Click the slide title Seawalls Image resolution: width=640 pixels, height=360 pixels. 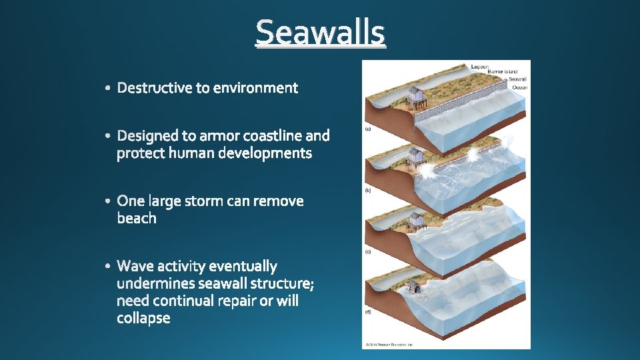click(320, 32)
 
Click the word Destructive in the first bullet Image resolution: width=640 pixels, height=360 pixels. click(155, 88)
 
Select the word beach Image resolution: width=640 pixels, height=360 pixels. click(137, 219)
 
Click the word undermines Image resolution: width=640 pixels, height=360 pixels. click(155, 284)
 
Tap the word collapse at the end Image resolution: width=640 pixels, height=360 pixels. click(143, 318)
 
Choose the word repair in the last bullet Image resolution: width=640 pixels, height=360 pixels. click(236, 301)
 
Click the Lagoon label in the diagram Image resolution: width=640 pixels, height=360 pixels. click(480, 67)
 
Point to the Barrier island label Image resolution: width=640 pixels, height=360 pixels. click(503, 72)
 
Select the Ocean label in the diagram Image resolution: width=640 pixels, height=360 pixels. click(519, 87)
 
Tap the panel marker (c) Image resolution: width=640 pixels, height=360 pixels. click(368, 252)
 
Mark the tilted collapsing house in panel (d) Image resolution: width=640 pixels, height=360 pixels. click(415, 287)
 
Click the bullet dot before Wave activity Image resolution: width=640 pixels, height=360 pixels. click(109, 267)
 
